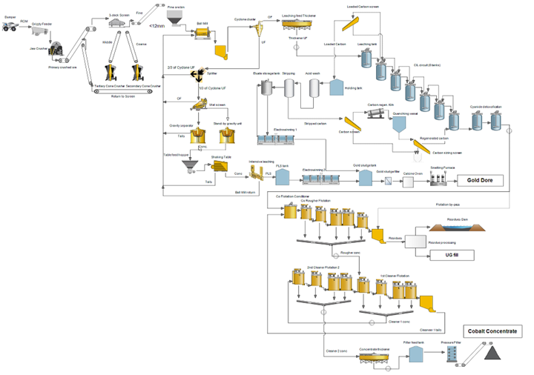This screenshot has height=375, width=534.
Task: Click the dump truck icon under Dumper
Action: pos(10,27)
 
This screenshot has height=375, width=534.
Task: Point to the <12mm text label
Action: pos(156,27)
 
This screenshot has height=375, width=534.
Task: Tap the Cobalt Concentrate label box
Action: pos(492,331)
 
